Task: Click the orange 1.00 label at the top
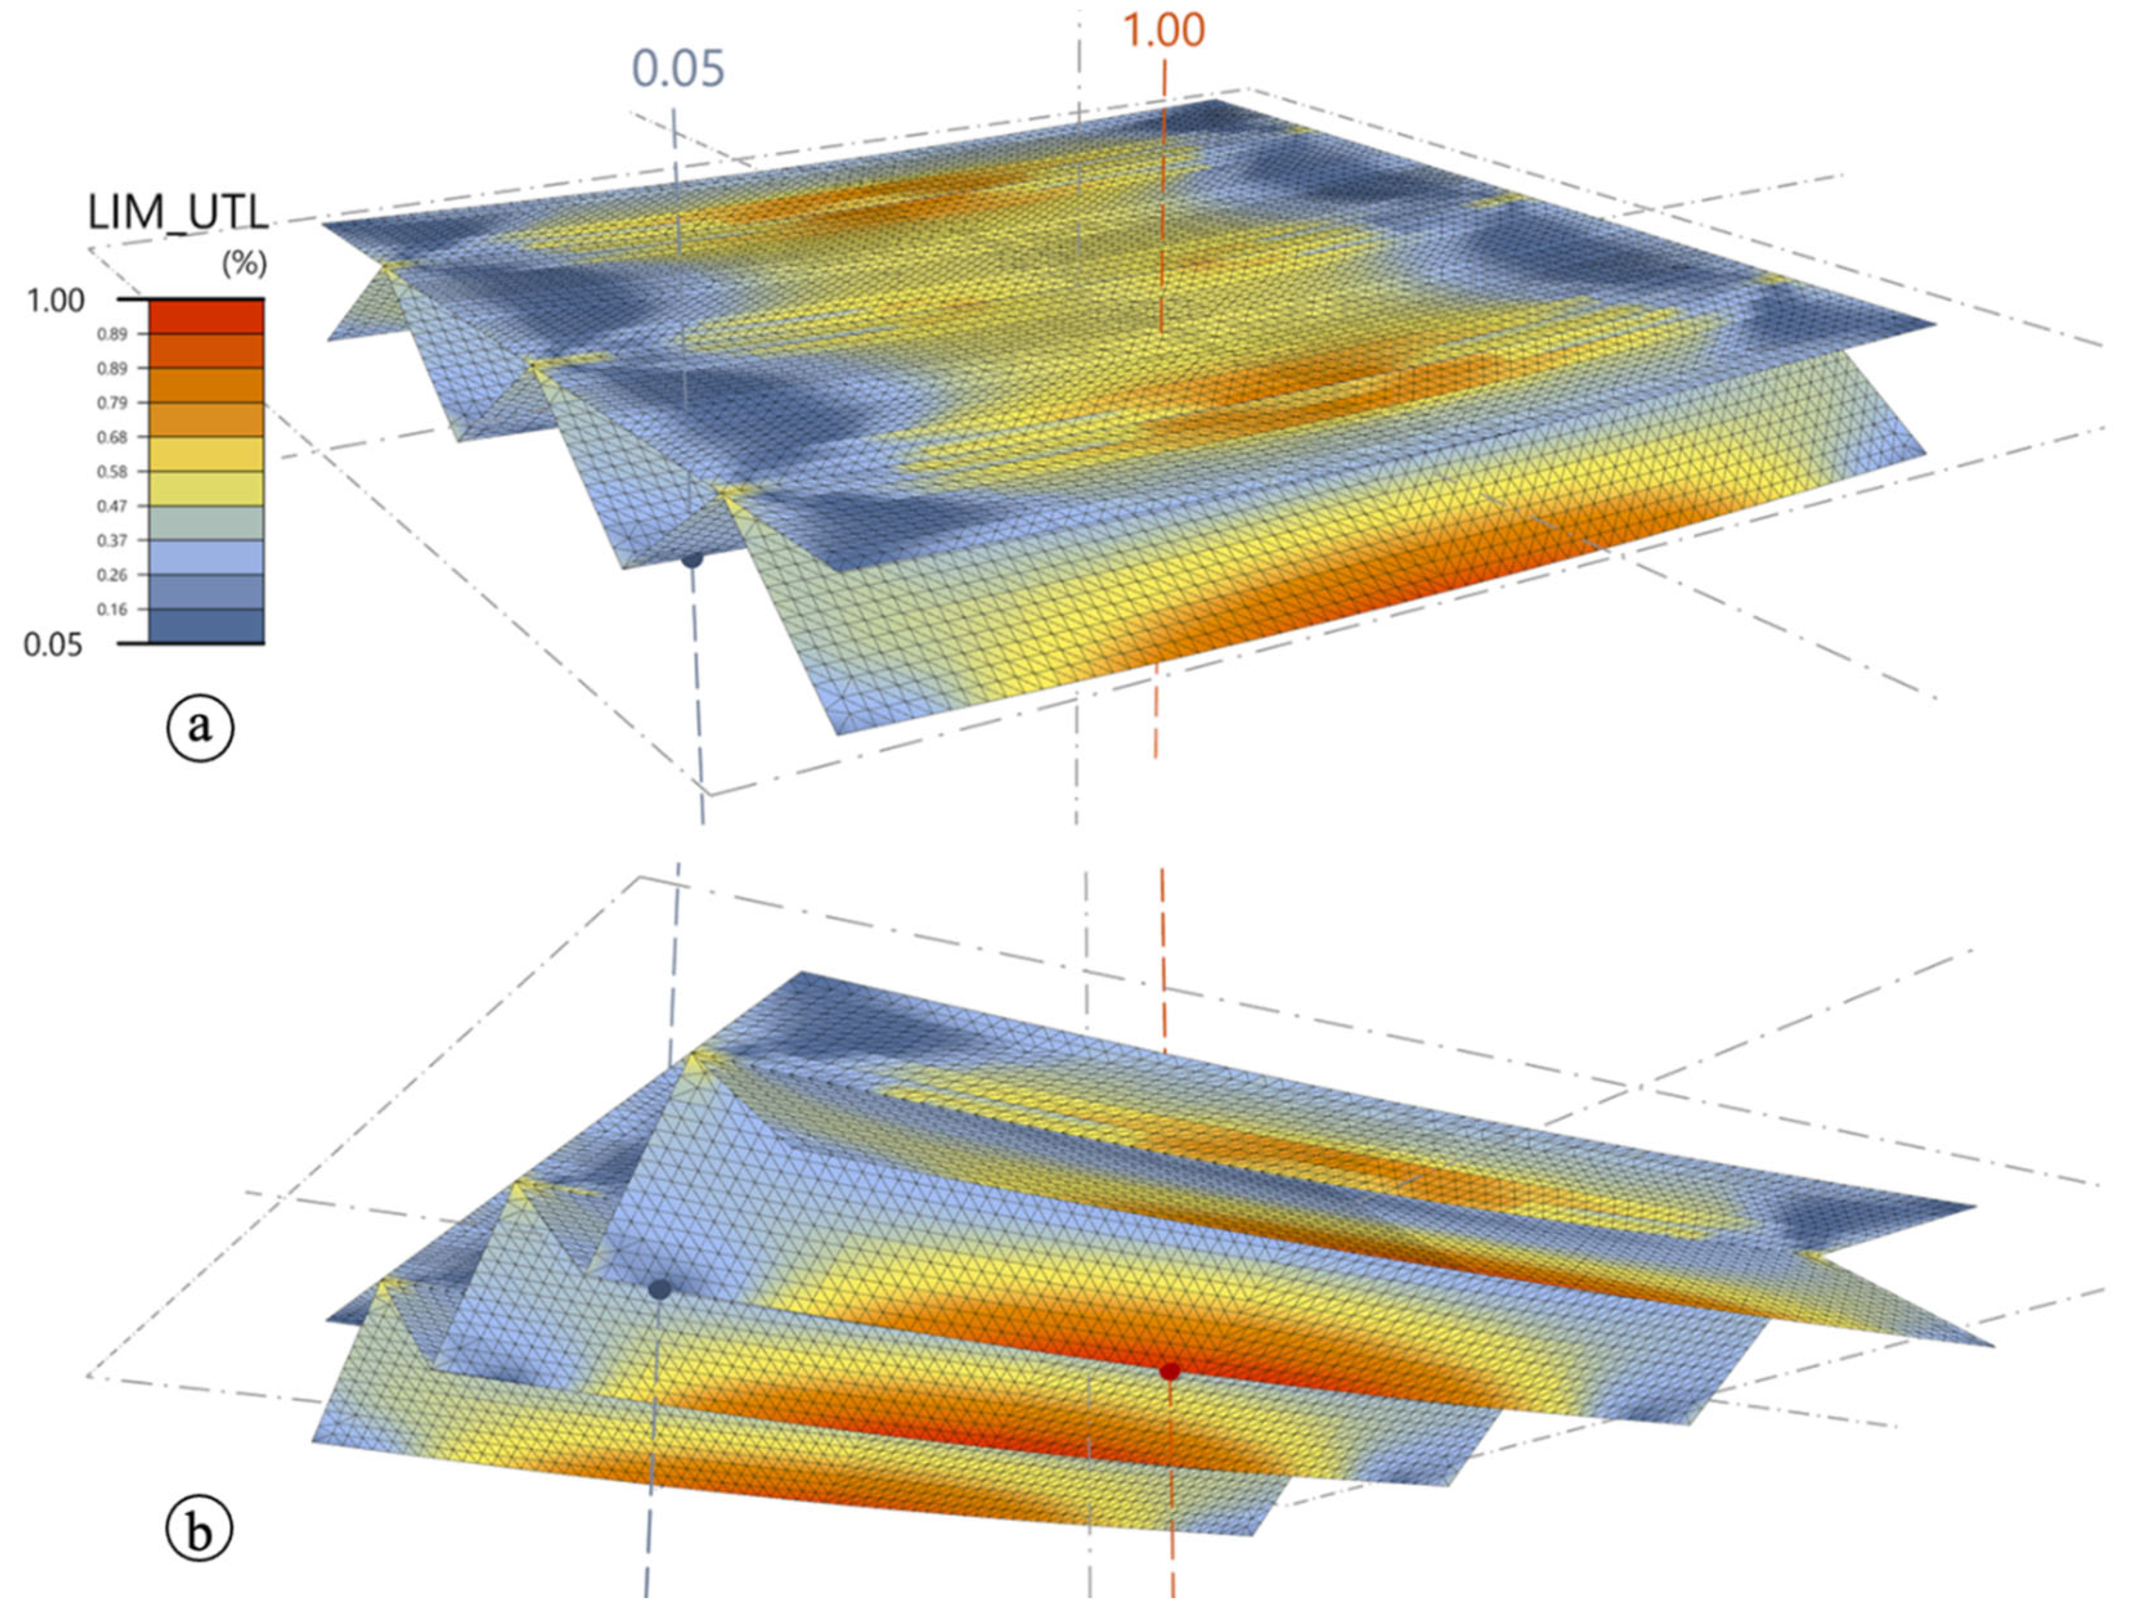coord(1164,31)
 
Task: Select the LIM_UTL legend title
coord(178,214)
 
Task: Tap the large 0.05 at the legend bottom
coord(53,645)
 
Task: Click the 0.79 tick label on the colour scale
coord(112,403)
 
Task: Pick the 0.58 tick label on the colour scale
coord(112,472)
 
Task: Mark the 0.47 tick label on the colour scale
coord(112,506)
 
